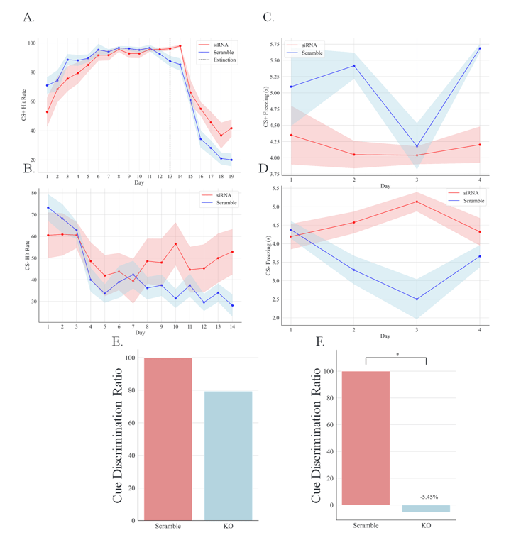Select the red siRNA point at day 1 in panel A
[x=47, y=111]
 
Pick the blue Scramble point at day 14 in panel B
[x=231, y=305]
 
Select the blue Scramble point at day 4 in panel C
[x=480, y=48]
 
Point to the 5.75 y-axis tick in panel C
[x=276, y=44]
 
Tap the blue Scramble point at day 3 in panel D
[x=417, y=299]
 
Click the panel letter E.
[x=118, y=341]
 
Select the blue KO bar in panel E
[x=228, y=455]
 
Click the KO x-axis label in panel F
[x=426, y=526]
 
